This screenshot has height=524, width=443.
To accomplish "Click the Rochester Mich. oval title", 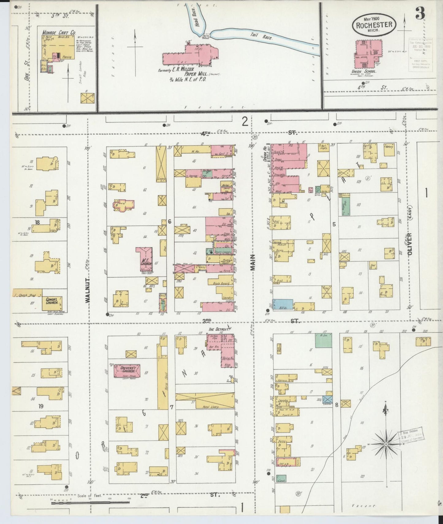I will point(374,25).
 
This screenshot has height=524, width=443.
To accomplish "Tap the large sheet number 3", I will point(420,13).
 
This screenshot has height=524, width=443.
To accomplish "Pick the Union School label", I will point(364,71).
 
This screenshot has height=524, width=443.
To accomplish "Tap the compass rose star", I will point(386,444).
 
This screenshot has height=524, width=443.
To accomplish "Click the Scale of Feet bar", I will point(90,502).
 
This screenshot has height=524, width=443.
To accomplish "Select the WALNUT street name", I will point(88,290).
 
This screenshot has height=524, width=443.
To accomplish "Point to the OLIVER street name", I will point(410,244).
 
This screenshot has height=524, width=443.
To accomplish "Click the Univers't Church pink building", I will point(127,370).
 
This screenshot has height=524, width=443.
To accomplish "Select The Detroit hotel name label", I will point(219,329).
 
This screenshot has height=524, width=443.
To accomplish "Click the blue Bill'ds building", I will point(283,305).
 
